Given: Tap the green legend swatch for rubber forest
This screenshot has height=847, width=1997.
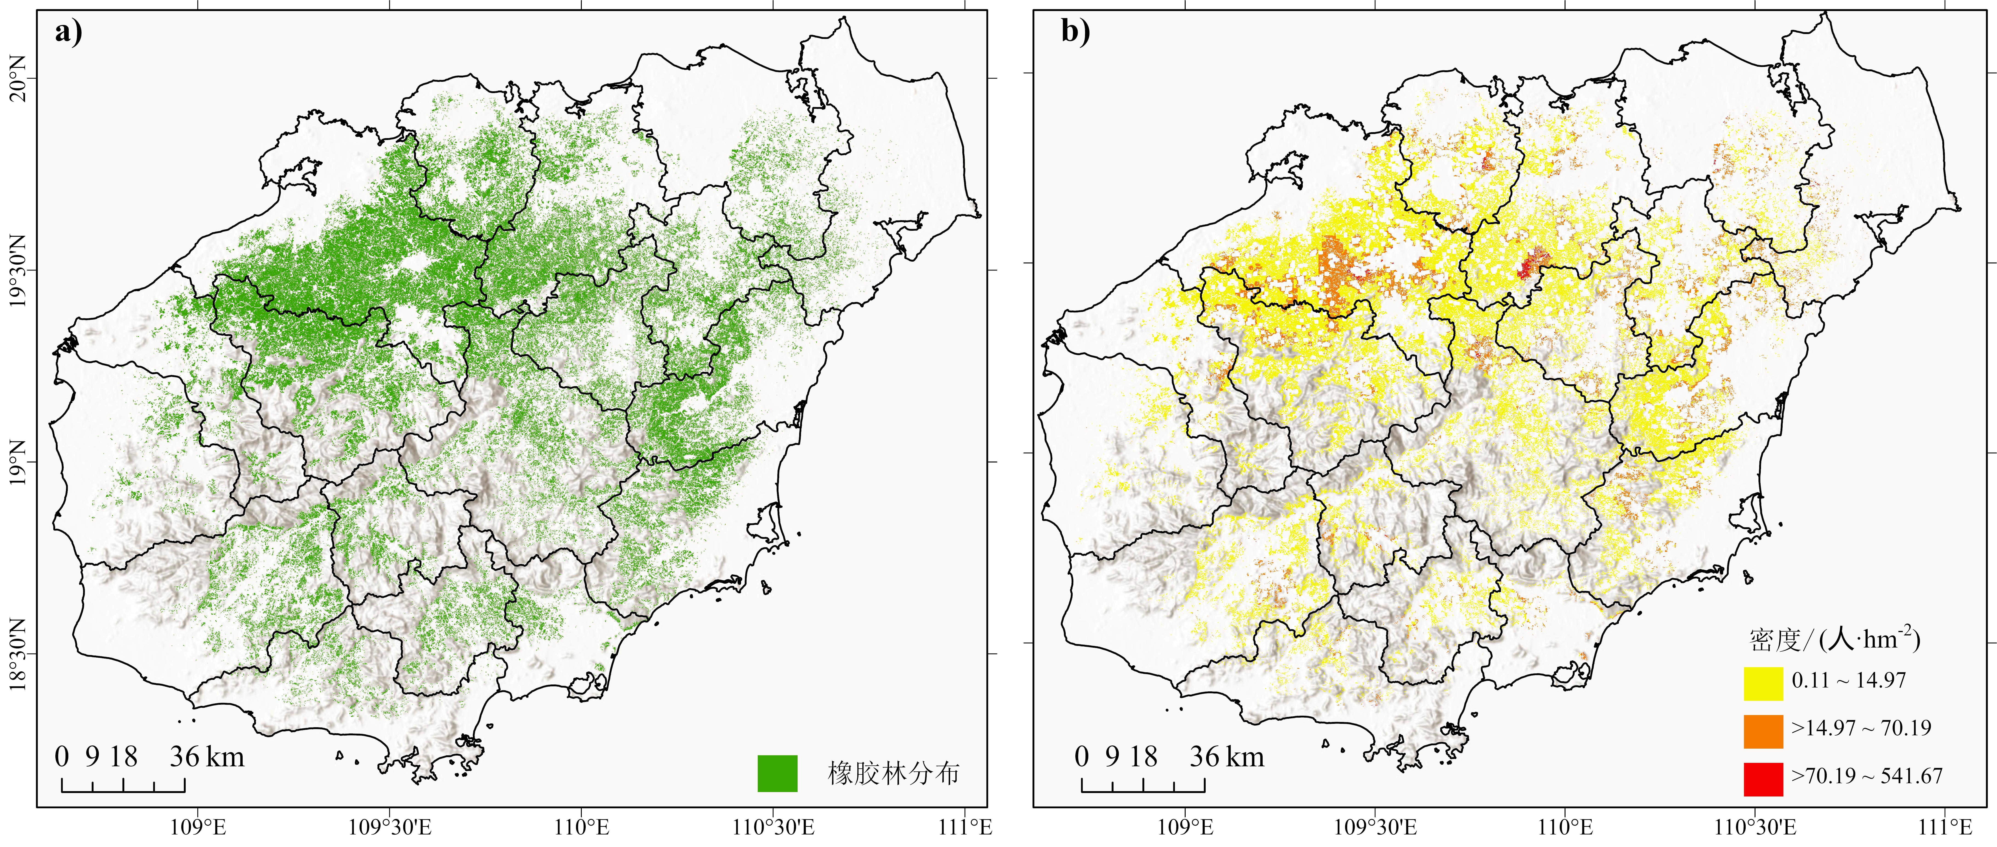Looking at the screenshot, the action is [x=778, y=773].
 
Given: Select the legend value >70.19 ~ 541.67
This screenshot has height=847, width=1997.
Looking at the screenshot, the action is [x=1867, y=776].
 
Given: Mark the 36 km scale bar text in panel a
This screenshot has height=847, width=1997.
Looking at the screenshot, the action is [x=207, y=756].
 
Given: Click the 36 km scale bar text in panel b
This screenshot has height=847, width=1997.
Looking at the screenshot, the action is [x=1227, y=756].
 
